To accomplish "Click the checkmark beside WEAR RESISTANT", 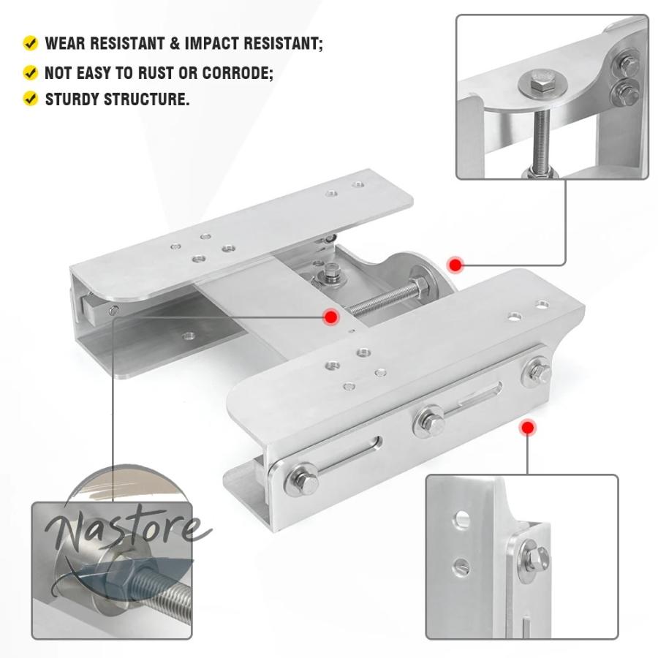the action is (x=30, y=43).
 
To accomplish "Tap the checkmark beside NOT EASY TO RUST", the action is (x=30, y=72).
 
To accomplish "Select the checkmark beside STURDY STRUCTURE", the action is (x=30, y=99).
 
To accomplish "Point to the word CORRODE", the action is (x=238, y=73).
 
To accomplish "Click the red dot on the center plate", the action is (x=330, y=317).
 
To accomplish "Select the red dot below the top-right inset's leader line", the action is (x=455, y=265).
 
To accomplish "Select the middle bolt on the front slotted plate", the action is (x=431, y=421).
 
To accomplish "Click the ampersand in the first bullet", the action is (x=174, y=43).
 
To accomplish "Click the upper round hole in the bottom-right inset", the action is (x=461, y=518).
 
